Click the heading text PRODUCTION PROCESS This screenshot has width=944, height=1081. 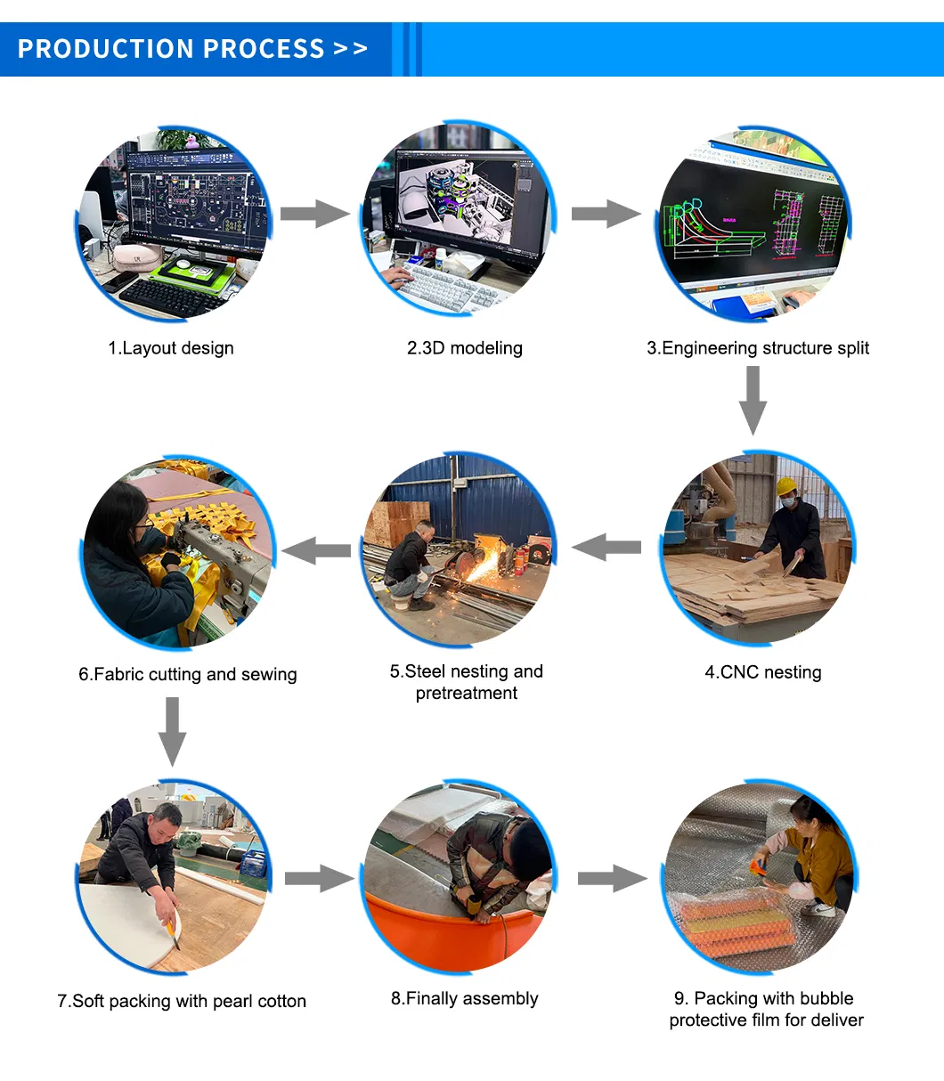tap(171, 49)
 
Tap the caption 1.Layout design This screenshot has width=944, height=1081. tap(171, 348)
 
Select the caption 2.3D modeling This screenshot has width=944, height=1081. tap(464, 348)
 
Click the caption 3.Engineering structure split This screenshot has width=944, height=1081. tap(758, 348)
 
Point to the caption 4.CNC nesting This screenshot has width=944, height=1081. tap(763, 672)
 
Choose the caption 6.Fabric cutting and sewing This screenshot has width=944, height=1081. tap(188, 674)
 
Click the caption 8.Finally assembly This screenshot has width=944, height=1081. tap(464, 998)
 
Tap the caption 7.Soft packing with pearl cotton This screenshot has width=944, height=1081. tap(181, 1001)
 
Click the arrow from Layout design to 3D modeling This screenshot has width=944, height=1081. tap(315, 214)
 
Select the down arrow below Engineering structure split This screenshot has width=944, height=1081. tap(753, 401)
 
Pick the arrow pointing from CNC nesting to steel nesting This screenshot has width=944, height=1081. tap(606, 548)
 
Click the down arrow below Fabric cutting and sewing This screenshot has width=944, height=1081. tap(172, 731)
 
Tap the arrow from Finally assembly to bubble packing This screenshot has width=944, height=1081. tap(612, 879)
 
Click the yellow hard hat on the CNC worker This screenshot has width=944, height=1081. tap(786, 485)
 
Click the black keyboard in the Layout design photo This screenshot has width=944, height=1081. tap(169, 297)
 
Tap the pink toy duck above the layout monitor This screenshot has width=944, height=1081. tap(191, 141)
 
